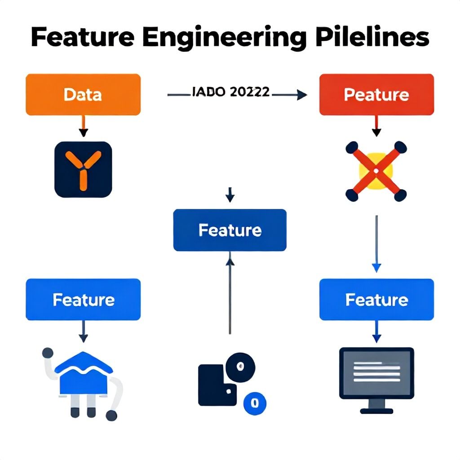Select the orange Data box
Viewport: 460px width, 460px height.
83,95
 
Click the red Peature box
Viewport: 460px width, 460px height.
376,95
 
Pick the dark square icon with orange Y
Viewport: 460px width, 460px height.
83,169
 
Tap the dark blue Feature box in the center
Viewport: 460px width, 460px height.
230,230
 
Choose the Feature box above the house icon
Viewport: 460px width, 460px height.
83,300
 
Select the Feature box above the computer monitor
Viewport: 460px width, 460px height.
376,300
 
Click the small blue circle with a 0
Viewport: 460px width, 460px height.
254,402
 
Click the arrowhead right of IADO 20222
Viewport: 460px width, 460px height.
302,94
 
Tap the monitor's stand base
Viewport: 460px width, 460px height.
376,410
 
